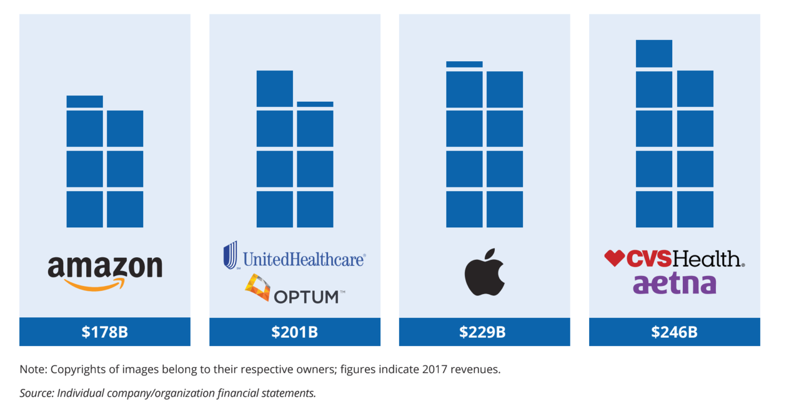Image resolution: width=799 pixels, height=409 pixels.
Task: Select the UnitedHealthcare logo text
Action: coord(304,259)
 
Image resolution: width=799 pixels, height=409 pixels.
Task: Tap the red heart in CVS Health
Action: coord(614,258)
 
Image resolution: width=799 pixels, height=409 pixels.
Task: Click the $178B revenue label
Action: coord(105,332)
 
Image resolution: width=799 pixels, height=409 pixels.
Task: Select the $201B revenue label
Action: coord(295,332)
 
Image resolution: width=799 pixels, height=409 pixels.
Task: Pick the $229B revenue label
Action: coord(484,332)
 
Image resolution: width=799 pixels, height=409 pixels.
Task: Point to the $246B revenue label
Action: coord(674,332)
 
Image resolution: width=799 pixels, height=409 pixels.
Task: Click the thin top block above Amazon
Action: coord(85,101)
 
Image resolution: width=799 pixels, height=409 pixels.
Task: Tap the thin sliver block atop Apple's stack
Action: coord(464,64)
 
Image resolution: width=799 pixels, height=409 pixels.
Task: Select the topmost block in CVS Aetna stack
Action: coord(654,54)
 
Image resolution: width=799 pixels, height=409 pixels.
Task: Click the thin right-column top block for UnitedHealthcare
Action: coord(315,104)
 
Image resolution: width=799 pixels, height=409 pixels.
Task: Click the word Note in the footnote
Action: coord(31,369)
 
